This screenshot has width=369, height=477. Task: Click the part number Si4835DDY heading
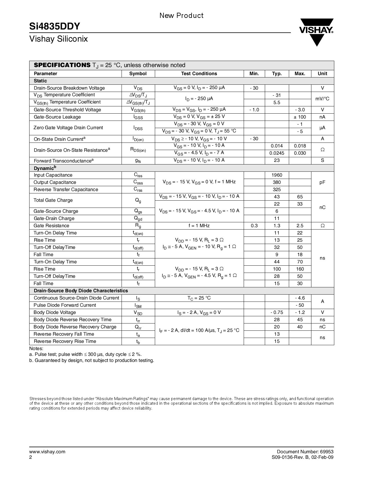tap(55, 26)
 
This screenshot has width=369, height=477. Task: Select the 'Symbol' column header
tap(138, 74)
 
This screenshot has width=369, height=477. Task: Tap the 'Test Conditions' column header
tap(199, 74)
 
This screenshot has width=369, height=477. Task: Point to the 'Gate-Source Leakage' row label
tap(57, 117)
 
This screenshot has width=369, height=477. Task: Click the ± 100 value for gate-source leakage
tap(300, 117)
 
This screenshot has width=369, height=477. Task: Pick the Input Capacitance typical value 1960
tap(277, 175)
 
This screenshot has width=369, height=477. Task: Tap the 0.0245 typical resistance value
tap(277, 153)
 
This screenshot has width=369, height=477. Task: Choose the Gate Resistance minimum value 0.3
tap(254, 226)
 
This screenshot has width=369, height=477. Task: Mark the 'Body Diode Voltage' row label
tap(55, 313)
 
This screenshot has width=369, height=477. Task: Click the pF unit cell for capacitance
tap(322, 182)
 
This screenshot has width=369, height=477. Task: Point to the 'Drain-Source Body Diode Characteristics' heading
tap(81, 291)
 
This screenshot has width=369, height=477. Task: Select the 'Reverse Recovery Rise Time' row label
tap(65, 341)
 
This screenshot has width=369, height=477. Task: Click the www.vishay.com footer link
tap(47, 452)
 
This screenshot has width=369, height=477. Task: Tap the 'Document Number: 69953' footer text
tap(305, 452)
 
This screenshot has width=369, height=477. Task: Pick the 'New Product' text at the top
tap(181, 16)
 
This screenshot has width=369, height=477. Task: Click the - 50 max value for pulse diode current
tap(300, 305)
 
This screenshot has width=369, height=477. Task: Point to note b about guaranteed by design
tap(92, 360)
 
